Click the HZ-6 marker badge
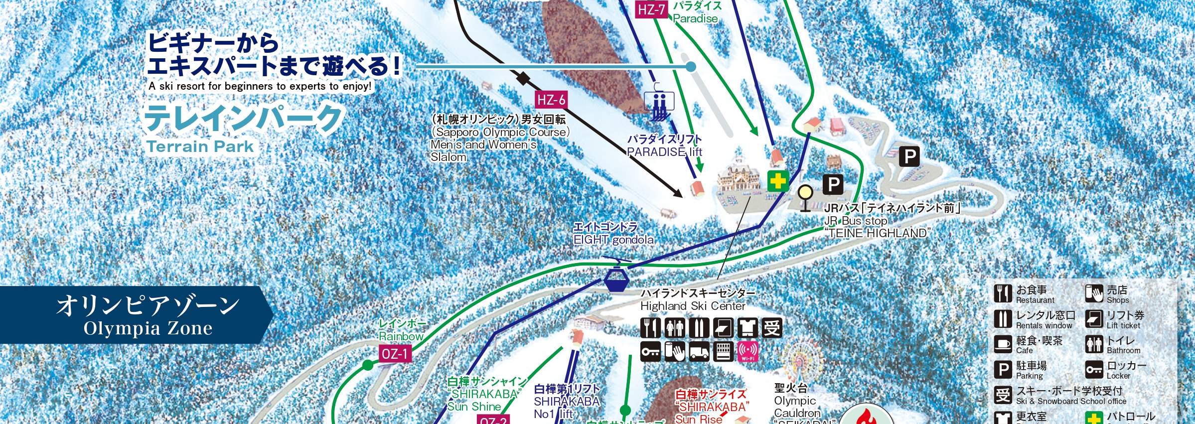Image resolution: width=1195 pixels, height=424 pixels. [551, 100]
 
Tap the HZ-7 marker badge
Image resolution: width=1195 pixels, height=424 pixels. [651, 9]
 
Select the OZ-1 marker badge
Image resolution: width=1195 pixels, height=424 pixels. [395, 354]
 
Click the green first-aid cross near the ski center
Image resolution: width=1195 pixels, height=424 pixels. [777, 181]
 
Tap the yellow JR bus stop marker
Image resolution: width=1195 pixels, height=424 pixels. [805, 192]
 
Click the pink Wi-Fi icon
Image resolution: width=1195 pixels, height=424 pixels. [747, 351]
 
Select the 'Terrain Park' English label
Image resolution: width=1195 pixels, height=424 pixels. [200, 146]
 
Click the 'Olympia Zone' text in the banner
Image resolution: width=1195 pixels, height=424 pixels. [148, 328]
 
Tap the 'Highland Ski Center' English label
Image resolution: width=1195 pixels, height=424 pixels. [693, 306]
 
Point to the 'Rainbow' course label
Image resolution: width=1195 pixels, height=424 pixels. [401, 336]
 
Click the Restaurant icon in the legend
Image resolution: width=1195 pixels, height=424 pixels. [1002, 294]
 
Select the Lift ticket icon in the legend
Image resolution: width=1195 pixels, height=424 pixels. [1094, 319]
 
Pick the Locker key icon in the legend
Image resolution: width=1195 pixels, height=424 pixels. [1094, 370]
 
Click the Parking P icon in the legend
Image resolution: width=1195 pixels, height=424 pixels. [1002, 370]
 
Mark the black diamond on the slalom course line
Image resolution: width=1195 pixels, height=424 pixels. [522, 79]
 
